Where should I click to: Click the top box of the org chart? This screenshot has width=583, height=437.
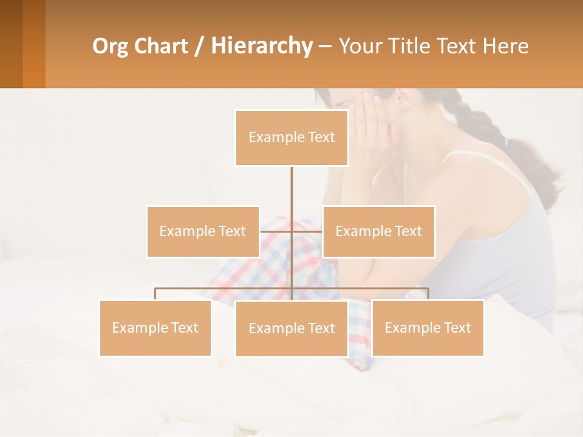pyautogui.click(x=291, y=138)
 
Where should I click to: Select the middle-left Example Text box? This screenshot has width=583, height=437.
pyautogui.click(x=202, y=231)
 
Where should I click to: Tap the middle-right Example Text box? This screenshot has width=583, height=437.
pyautogui.click(x=378, y=231)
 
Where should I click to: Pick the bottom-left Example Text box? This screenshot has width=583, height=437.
pyautogui.click(x=155, y=328)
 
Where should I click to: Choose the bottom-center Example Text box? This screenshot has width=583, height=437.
pyautogui.click(x=291, y=328)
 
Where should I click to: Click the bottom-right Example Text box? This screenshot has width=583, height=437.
pyautogui.click(x=428, y=328)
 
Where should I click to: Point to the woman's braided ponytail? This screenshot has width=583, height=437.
pyautogui.click(x=480, y=121)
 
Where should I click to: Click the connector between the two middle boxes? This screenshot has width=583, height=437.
pyautogui.click(x=291, y=231)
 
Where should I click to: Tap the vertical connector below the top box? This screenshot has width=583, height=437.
pyautogui.click(x=291, y=188)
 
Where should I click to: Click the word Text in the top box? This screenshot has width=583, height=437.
pyautogui.click(x=321, y=138)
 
